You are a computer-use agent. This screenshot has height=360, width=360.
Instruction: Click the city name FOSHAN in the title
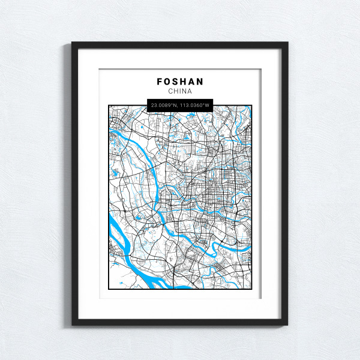pos(180,81)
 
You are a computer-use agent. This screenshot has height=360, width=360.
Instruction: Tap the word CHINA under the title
pos(180,92)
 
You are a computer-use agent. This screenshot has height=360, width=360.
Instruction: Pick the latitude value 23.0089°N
pos(164,106)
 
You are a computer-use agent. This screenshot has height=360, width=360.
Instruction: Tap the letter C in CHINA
pos(170,92)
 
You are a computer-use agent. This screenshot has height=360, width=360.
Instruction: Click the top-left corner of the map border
pos(109,106)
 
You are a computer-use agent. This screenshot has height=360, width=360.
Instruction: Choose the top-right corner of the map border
pos(252,106)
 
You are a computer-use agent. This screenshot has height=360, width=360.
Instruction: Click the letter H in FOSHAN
pos(184,81)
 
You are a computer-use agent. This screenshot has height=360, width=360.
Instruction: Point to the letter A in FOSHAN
pos(192,81)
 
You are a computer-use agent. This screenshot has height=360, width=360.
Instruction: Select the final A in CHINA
pos(190,92)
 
